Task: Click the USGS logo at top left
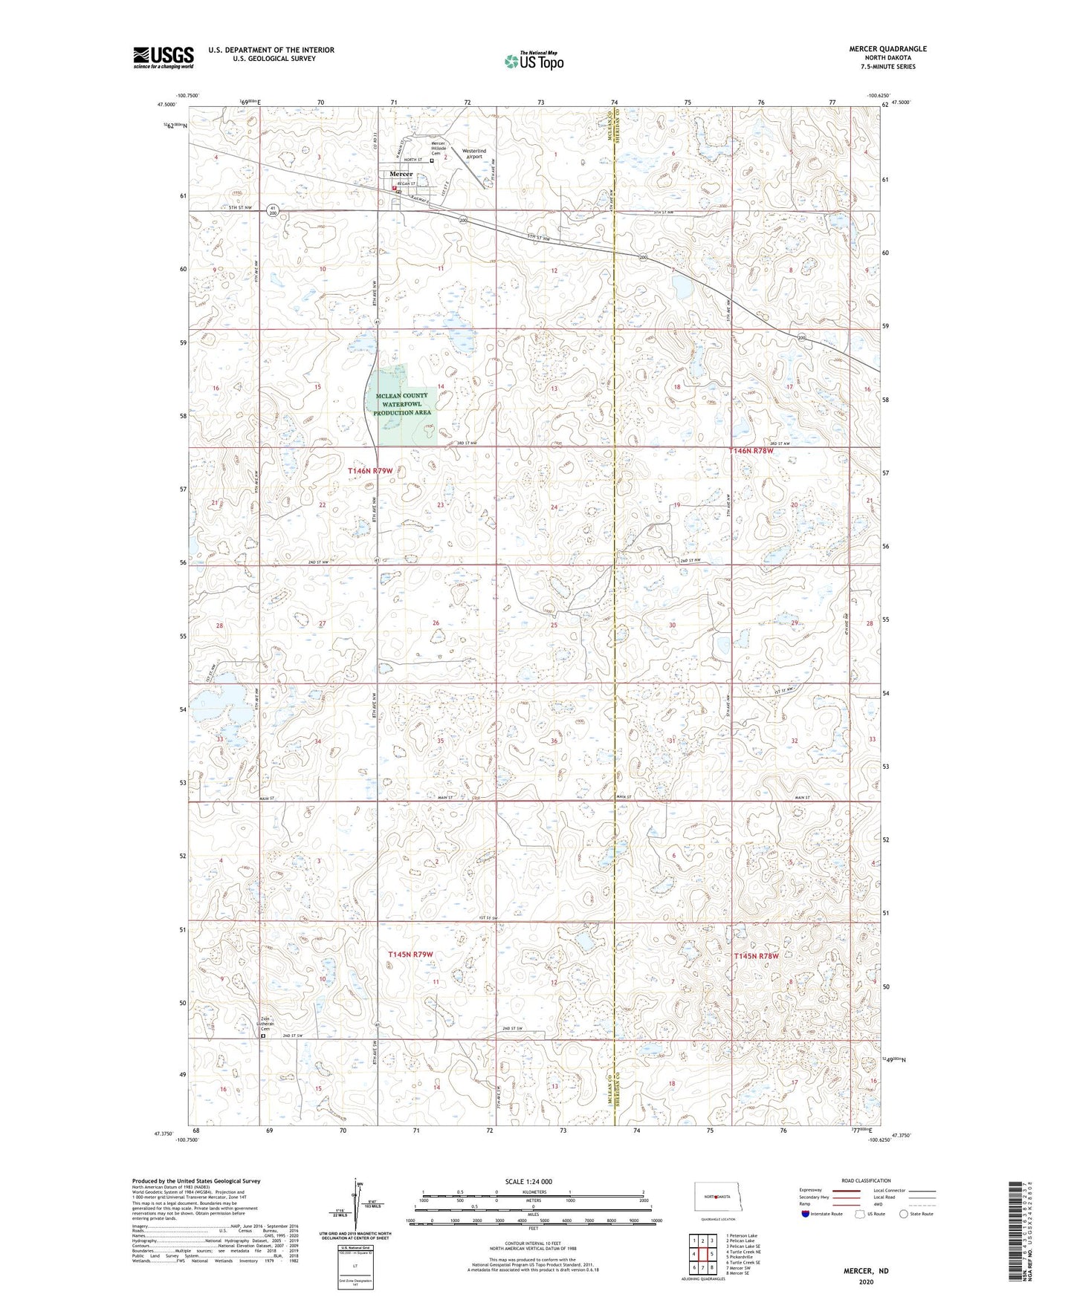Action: click(x=163, y=56)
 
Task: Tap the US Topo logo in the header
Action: click(x=533, y=61)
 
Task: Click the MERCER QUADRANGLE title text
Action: click(x=887, y=49)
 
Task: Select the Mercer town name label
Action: click(x=401, y=174)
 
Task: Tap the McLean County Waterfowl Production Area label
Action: click(x=402, y=404)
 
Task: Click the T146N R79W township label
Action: click(x=380, y=470)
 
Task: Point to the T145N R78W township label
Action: click(x=756, y=956)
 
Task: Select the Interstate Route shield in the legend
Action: click(x=805, y=1214)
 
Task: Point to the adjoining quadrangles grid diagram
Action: click(x=702, y=1253)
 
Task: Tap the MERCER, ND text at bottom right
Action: click(x=865, y=1271)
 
